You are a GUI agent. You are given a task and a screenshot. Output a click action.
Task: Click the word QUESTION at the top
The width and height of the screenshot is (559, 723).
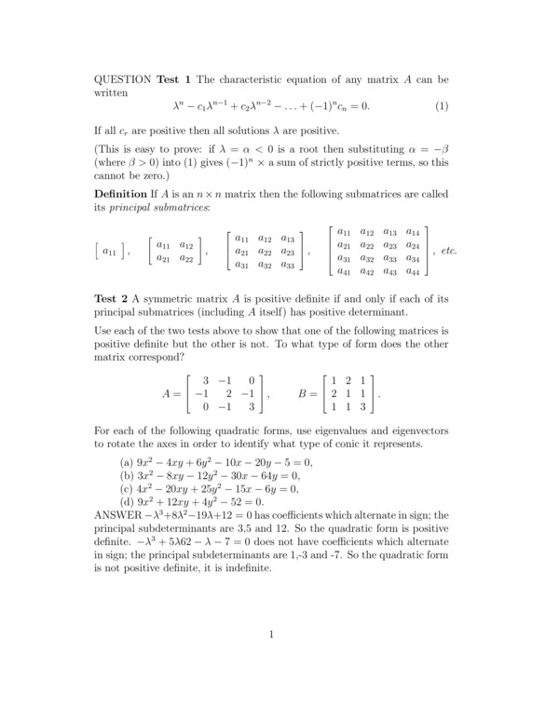(x=124, y=77)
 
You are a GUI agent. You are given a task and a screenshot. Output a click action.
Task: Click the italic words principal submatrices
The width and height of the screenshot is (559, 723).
(x=160, y=207)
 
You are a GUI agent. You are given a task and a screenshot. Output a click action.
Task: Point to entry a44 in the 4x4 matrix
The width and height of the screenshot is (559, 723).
(x=413, y=271)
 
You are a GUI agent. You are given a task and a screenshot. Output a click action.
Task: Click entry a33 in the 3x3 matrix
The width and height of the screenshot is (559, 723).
(x=288, y=265)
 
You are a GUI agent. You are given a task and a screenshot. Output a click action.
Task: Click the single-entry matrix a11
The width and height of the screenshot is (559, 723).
(x=108, y=252)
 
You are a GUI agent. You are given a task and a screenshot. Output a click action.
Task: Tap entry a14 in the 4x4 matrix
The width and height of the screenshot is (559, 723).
(x=413, y=231)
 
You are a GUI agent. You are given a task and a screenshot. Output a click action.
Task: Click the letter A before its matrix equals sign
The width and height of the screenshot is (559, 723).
(x=166, y=394)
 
